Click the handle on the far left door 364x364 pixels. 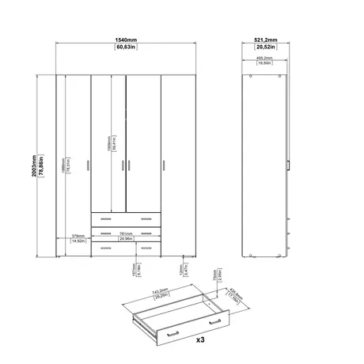click(x=85, y=165)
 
